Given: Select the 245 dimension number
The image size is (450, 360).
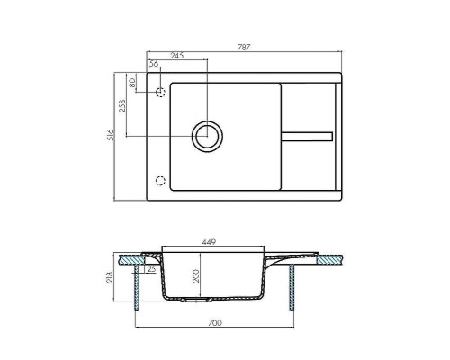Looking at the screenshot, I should [x=177, y=56].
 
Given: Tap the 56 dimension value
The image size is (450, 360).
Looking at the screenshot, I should [x=154, y=64].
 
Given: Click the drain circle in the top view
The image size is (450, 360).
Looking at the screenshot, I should [x=206, y=136].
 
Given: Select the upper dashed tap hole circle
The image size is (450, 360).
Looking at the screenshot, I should [x=161, y=93].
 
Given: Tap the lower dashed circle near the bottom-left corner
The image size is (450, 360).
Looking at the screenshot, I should [x=161, y=178].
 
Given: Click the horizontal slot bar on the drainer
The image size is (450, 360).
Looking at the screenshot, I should [x=307, y=136].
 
